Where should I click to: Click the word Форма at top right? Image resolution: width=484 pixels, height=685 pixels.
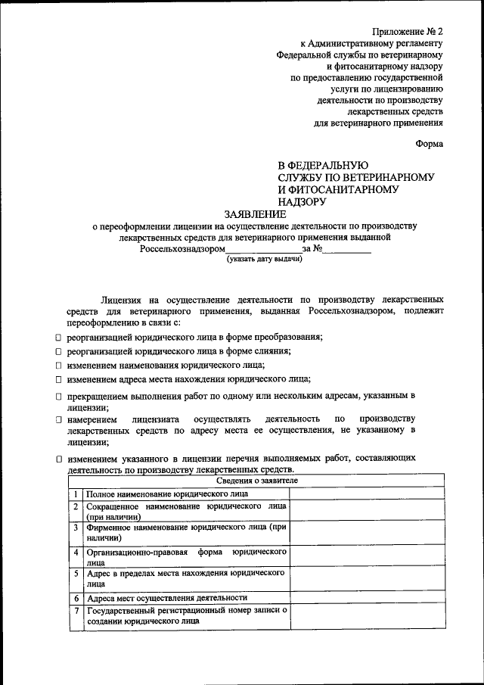point(429,143)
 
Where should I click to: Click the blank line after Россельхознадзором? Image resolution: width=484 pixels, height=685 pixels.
point(263,249)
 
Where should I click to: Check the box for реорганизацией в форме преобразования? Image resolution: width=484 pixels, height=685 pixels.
point(59,337)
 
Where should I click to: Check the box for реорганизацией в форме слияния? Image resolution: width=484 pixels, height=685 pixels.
point(59,351)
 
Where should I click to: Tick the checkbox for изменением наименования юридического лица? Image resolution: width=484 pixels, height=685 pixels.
point(59,366)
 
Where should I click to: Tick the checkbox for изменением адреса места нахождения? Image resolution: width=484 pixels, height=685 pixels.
point(59,380)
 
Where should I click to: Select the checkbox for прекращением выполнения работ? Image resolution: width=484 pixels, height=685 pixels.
point(59,397)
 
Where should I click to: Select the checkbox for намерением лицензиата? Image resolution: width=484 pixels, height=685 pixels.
point(59,419)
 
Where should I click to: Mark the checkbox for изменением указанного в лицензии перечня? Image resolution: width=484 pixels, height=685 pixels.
point(59,459)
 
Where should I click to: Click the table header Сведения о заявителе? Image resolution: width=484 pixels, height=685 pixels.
point(257,481)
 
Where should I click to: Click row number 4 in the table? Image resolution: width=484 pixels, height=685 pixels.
point(76,553)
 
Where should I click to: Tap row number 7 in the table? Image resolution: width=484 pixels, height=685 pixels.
point(76,611)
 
